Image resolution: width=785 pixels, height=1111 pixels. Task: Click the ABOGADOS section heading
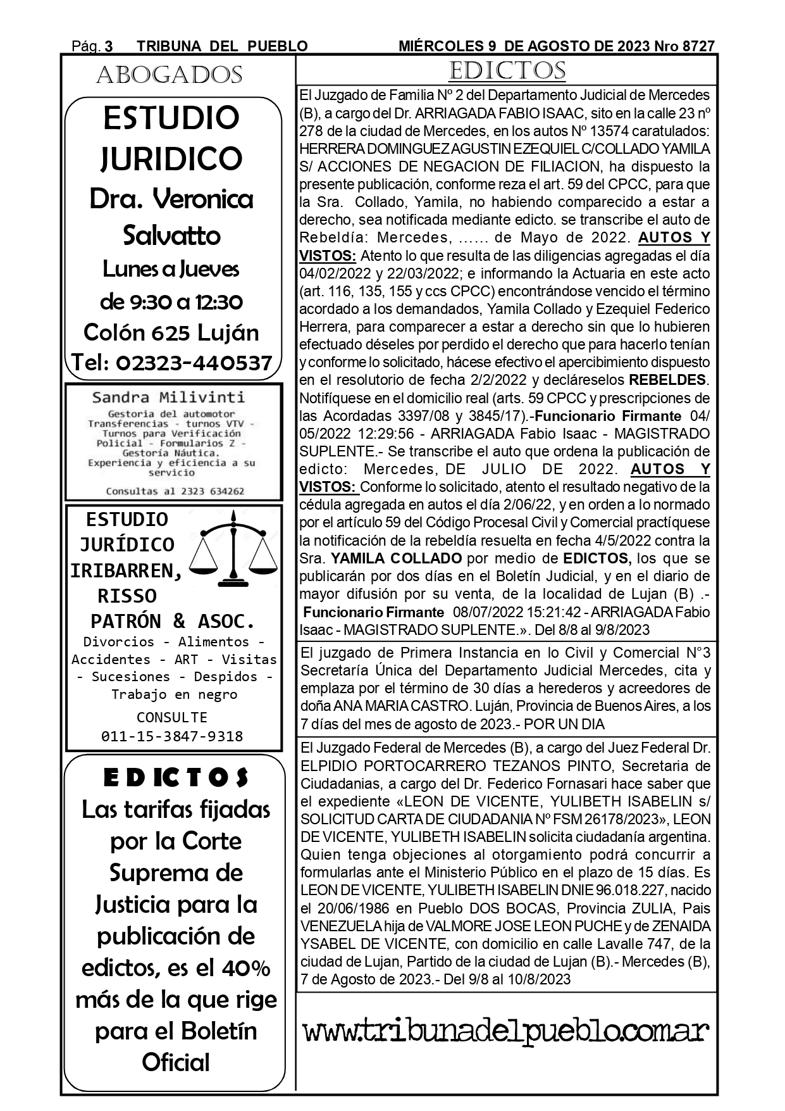coord(169,75)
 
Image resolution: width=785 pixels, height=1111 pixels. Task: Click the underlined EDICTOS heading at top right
coord(507,70)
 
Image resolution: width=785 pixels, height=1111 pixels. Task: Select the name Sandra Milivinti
coord(168,398)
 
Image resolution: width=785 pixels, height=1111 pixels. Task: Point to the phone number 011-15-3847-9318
coord(172,736)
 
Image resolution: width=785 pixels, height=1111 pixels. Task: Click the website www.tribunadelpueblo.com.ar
coord(506,1032)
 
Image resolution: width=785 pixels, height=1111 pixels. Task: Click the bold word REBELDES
coord(667,380)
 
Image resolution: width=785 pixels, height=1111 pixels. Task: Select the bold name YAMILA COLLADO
coord(396,558)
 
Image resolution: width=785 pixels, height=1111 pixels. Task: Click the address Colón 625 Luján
coord(171,332)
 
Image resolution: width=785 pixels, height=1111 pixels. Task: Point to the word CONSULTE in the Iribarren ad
coord(172,717)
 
